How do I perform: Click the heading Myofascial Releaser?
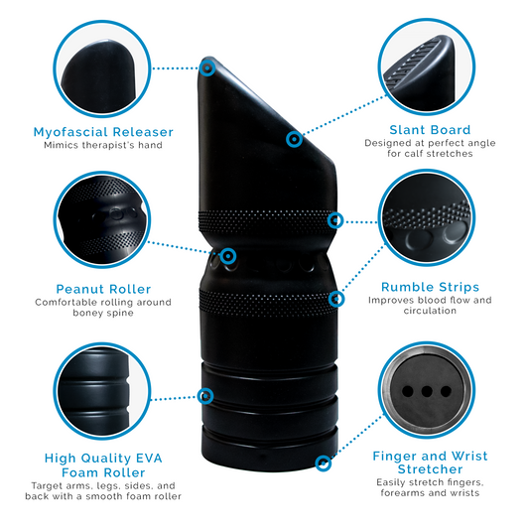[103, 132]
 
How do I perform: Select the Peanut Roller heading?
[103, 289]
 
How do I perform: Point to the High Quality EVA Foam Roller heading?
[103, 466]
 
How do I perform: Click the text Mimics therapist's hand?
[103, 146]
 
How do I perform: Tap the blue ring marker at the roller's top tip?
[207, 67]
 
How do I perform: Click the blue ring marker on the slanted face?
[294, 140]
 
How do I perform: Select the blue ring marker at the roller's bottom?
[322, 463]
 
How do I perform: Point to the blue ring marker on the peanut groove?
[228, 256]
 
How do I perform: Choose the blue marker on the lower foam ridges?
[205, 397]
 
